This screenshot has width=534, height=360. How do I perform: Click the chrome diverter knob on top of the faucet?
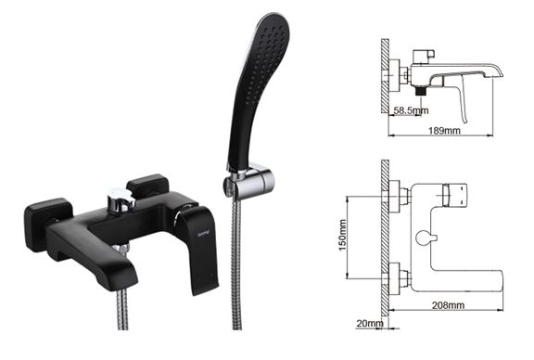[119, 197]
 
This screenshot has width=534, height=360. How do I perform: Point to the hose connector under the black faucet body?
[121, 250]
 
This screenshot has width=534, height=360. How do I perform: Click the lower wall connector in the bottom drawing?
[399, 275]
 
